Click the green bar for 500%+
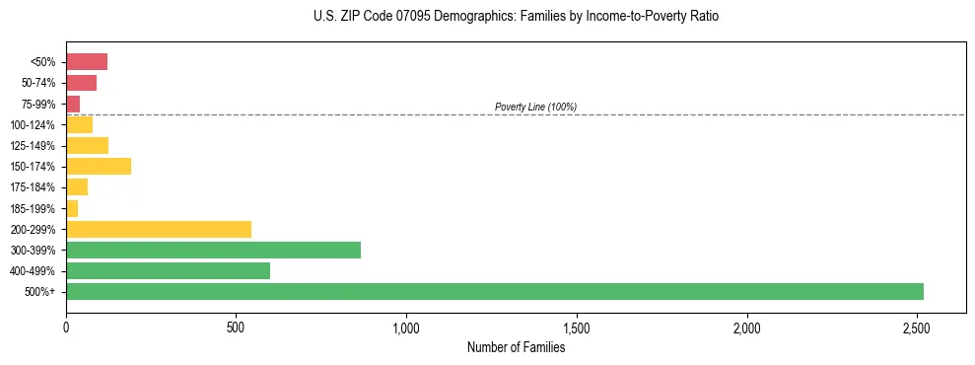[x=494, y=291]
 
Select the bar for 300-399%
[x=213, y=250]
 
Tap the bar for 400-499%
[x=168, y=270]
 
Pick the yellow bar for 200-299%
[x=158, y=229]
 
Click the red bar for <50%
[x=87, y=62]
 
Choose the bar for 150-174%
[x=99, y=166]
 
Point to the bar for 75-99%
[x=73, y=104]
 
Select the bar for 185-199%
[x=72, y=208]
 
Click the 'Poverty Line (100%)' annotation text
[x=535, y=107]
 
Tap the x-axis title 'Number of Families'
[x=516, y=347]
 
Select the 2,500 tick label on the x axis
[x=917, y=327]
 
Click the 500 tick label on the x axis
[x=236, y=327]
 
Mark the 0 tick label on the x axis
[x=66, y=327]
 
